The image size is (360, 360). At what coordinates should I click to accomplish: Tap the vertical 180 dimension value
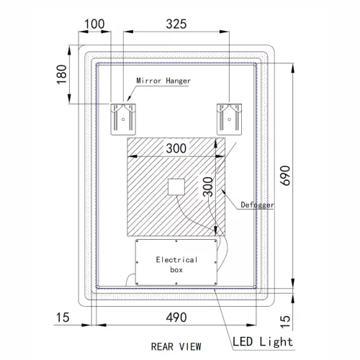pos(62,74)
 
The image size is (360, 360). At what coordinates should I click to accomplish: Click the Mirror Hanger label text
pos(163,81)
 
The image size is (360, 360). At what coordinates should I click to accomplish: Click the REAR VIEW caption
pos(176,345)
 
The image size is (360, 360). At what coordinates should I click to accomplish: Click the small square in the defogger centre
pos(176,186)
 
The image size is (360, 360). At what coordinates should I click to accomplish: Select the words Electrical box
pos(176,264)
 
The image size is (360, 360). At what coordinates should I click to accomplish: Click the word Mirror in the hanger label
pos(149,81)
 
